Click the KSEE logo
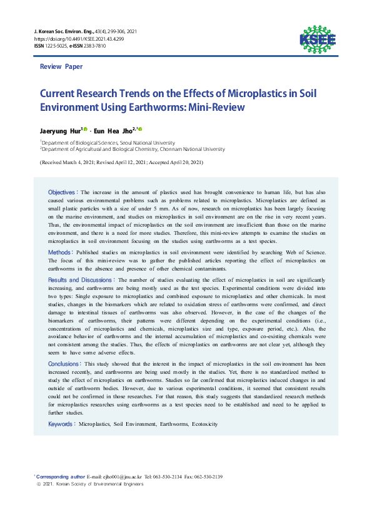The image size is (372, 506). (318, 38)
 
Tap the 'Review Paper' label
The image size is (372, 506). (61, 66)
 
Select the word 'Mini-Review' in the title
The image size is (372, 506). (211, 107)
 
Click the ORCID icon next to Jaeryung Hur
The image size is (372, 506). (86, 129)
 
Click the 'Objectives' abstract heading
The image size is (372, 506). (63, 191)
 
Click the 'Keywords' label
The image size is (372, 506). (62, 424)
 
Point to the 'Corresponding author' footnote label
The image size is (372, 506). (61, 477)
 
